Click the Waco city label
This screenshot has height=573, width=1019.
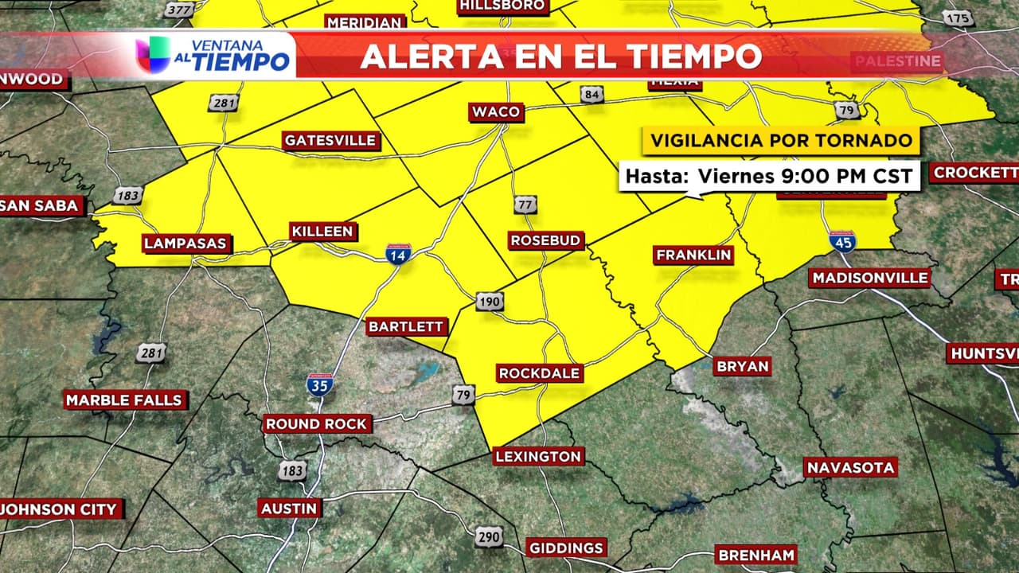[496, 111]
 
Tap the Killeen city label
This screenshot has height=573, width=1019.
[322, 232]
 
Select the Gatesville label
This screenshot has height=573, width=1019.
[330, 141]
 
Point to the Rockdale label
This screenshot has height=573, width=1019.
[539, 373]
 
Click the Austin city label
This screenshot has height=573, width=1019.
[290, 508]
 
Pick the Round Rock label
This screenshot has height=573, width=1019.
[317, 424]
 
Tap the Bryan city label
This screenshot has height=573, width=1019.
[742, 367]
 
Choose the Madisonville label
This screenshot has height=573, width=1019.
[869, 278]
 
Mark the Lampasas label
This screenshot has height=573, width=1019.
[186, 244]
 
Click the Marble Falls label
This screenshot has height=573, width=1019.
[124, 400]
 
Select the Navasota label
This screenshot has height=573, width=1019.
[850, 467]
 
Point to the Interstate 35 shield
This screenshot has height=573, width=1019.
[319, 385]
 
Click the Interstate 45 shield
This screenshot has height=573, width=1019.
[841, 241]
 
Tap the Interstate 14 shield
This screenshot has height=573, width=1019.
[398, 254]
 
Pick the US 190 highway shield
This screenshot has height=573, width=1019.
[490, 302]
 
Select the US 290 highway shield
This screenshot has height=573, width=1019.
[489, 537]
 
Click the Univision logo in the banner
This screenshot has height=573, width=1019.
[152, 55]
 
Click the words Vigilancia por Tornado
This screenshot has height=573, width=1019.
[781, 141]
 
